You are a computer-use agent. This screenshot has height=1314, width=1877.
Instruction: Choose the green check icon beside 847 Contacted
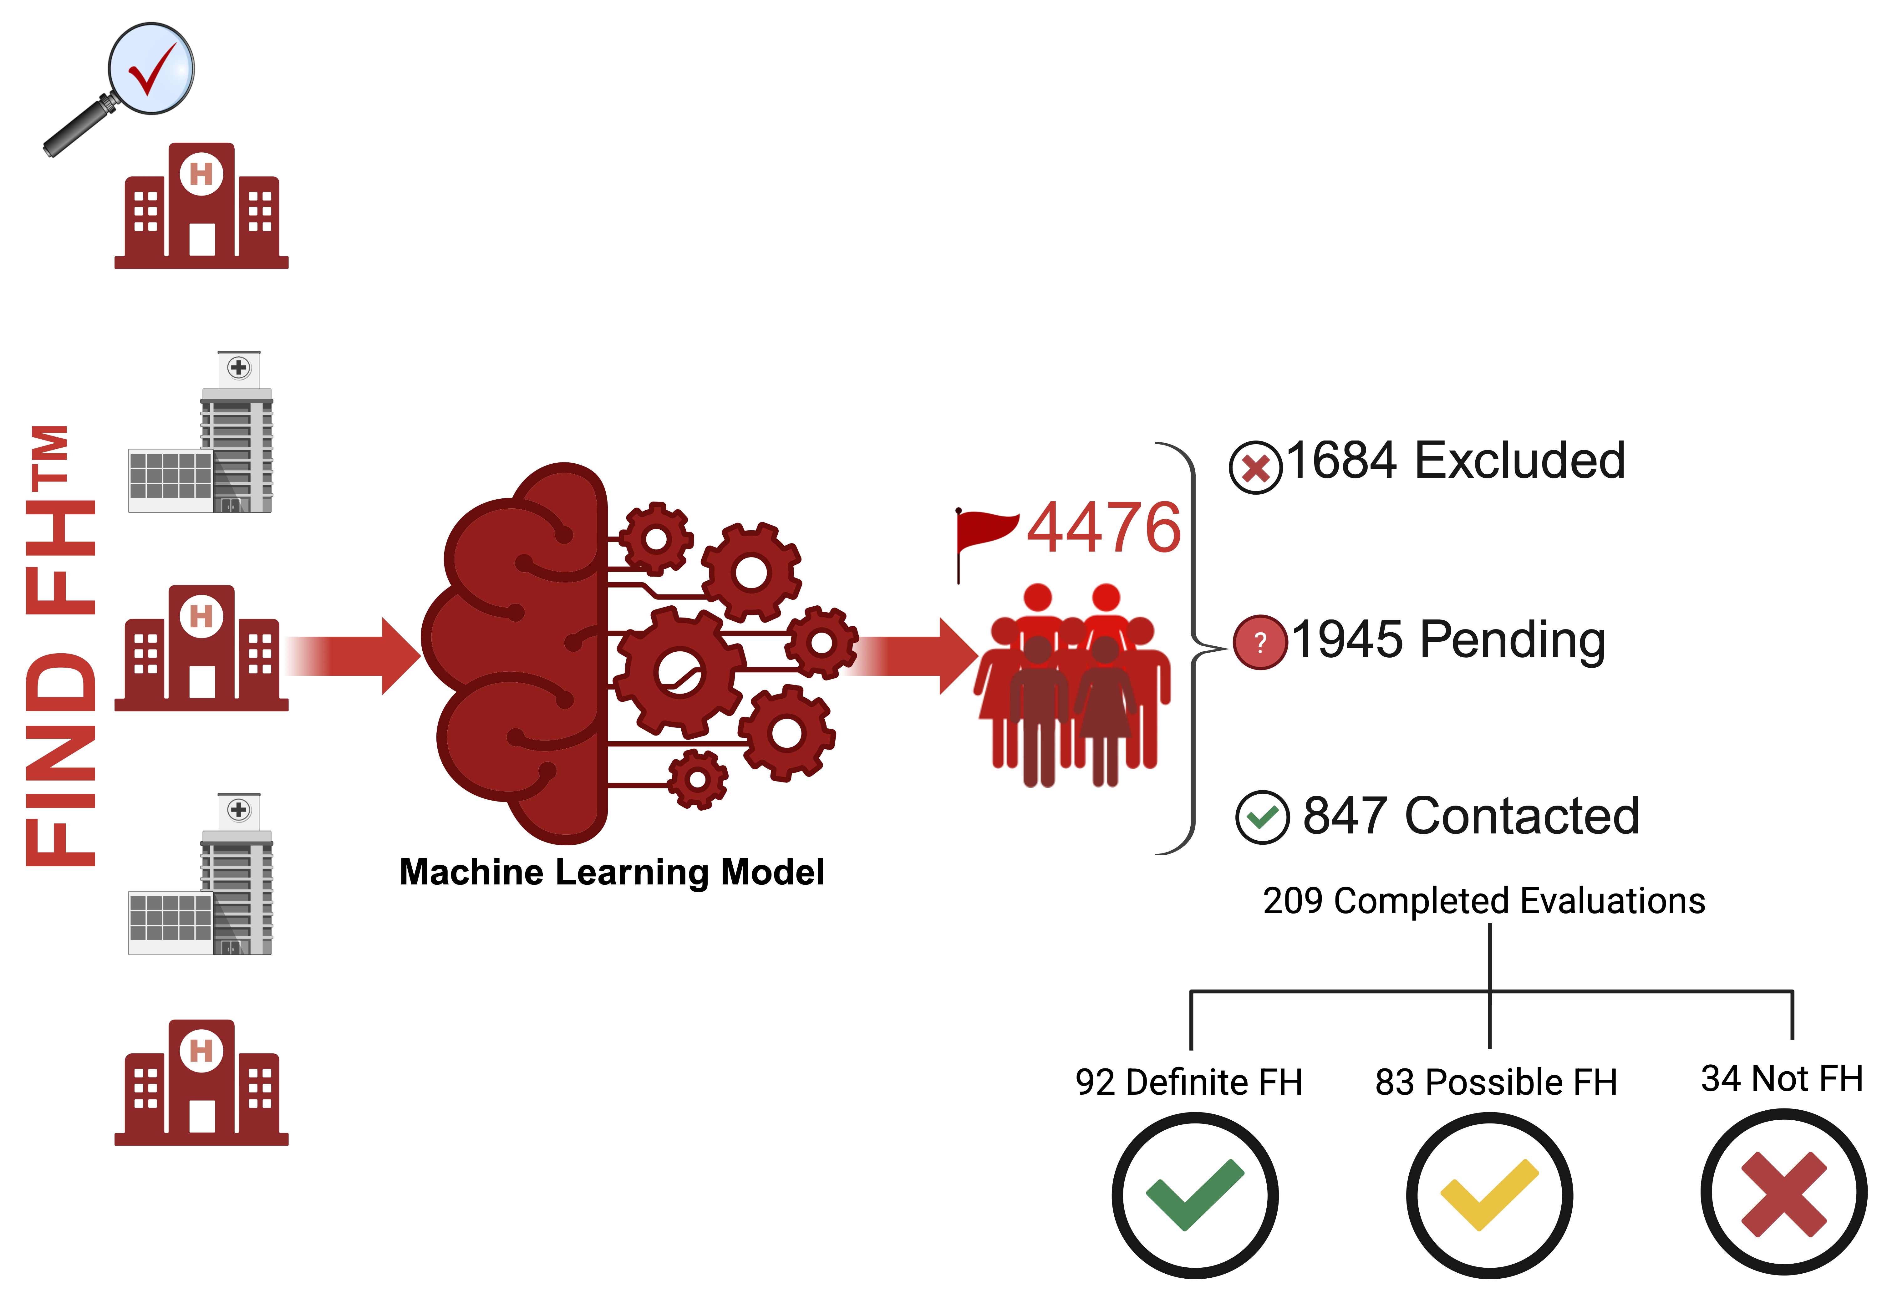(x=1262, y=817)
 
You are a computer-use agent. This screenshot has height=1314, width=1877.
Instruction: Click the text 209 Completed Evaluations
(x=1484, y=901)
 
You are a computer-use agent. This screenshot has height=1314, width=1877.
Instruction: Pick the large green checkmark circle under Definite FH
(x=1194, y=1195)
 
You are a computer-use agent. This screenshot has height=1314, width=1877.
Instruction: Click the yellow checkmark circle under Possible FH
(x=1489, y=1195)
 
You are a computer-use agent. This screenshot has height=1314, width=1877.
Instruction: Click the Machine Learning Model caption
(x=612, y=873)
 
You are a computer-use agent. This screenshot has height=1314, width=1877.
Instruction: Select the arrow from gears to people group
(x=916, y=656)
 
